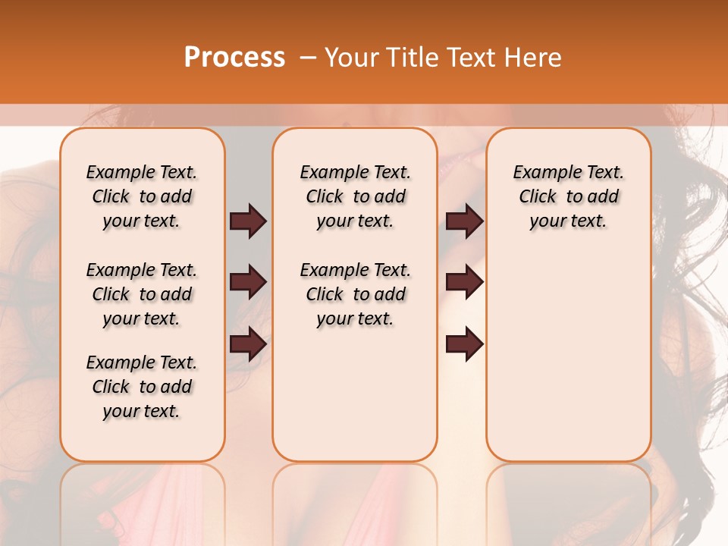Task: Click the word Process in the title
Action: pyautogui.click(x=234, y=57)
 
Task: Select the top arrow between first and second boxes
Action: pyautogui.click(x=248, y=221)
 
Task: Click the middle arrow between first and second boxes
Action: pyautogui.click(x=248, y=283)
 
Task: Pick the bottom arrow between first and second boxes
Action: pyautogui.click(x=248, y=344)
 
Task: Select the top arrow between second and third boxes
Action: pyautogui.click(x=464, y=221)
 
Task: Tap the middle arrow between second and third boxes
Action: pyautogui.click(x=464, y=283)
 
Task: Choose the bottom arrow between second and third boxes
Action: pyautogui.click(x=464, y=344)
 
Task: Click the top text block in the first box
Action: pyautogui.click(x=142, y=196)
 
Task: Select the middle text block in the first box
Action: pyautogui.click(x=142, y=294)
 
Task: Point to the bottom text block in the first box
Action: pyautogui.click(x=142, y=387)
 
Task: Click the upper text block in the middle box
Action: pyautogui.click(x=355, y=196)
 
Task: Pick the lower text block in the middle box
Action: pyautogui.click(x=355, y=294)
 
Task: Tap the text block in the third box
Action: pyautogui.click(x=569, y=196)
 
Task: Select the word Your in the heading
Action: pyautogui.click(x=350, y=58)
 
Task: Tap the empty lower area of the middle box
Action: pyautogui.click(x=355, y=394)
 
